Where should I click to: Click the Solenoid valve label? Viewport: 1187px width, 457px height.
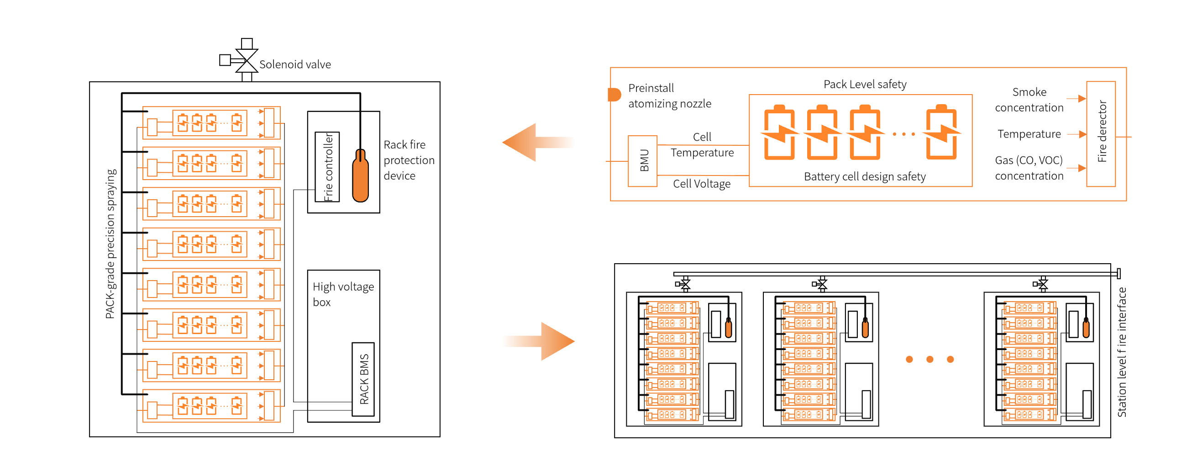tap(295, 64)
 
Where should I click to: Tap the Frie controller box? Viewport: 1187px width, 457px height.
tap(327, 166)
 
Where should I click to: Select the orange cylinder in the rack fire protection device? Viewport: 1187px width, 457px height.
tap(360, 175)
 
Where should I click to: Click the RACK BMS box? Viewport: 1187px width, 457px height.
tap(363, 379)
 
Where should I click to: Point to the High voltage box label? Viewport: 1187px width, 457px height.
tap(343, 294)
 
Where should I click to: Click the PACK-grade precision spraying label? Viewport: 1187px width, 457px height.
tap(110, 244)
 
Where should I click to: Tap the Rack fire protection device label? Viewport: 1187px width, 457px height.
tap(409, 160)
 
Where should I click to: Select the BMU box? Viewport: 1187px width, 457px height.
tap(642, 161)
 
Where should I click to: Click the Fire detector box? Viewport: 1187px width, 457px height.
tap(1101, 134)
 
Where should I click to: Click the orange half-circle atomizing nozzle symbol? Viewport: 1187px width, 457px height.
tap(614, 95)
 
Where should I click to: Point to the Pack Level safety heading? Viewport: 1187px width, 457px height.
tap(865, 85)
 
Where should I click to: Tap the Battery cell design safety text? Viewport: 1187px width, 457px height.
tap(864, 176)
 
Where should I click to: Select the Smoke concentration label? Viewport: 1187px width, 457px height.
tap(1029, 100)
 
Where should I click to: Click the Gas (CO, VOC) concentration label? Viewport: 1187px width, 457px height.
tap(1029, 168)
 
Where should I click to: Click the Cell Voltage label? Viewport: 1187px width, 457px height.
tap(701, 184)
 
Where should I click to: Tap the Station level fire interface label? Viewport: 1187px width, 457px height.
tap(1122, 352)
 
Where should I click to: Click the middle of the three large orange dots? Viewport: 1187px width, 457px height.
tap(930, 359)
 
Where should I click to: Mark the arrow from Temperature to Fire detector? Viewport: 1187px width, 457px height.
tap(1077, 134)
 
